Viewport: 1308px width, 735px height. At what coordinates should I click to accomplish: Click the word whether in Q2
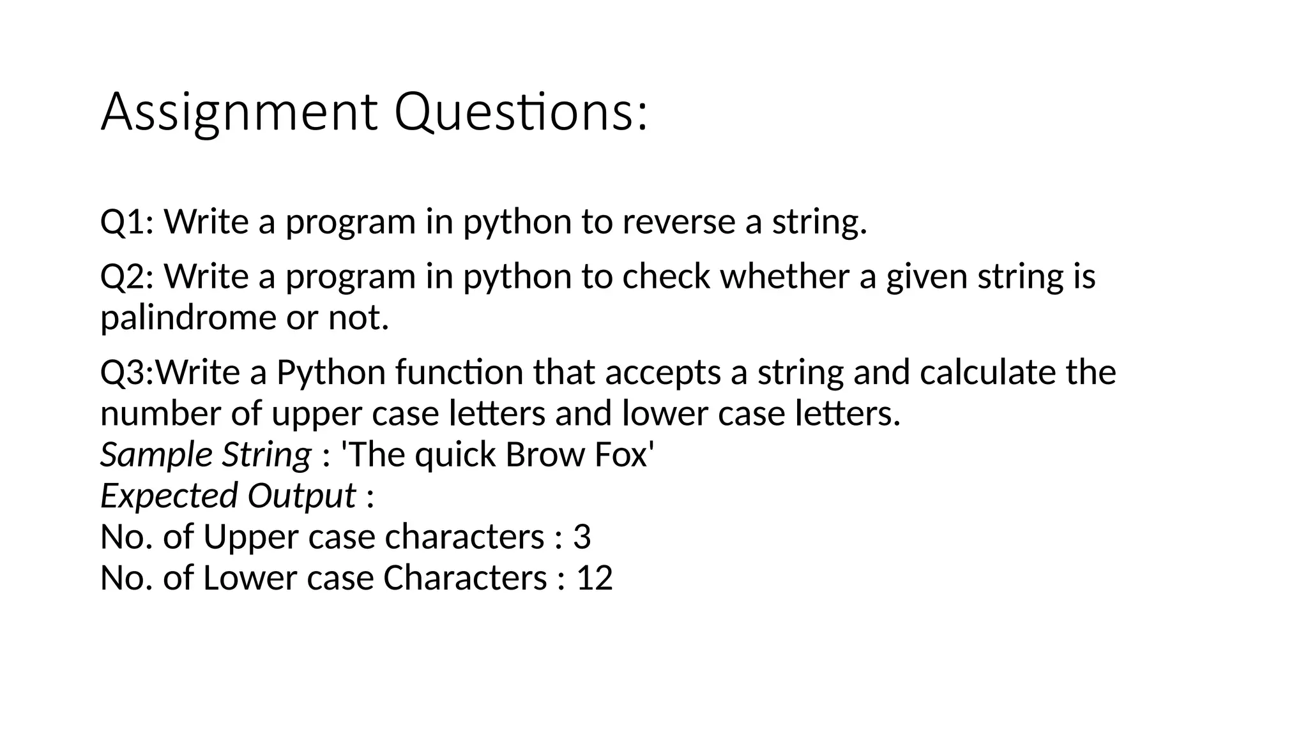788,277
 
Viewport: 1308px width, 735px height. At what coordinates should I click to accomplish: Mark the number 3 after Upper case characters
582,537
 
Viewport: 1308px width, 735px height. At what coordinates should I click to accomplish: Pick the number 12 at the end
595,578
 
